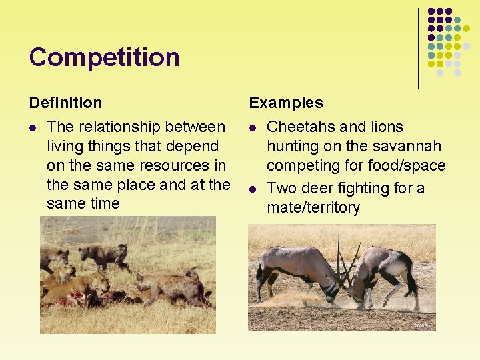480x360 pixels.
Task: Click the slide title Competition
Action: point(104,57)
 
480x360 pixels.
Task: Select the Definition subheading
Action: point(65,103)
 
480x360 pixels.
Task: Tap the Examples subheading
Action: point(285,103)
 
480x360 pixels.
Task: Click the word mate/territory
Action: point(313,207)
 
